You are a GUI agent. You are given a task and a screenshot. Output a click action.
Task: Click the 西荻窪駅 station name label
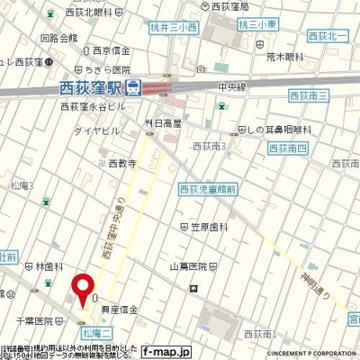pyautogui.click(x=90, y=88)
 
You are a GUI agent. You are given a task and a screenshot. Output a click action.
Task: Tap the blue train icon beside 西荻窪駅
pyautogui.click(x=133, y=88)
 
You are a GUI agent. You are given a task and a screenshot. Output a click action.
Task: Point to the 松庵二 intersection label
pyautogui.click(x=89, y=333)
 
